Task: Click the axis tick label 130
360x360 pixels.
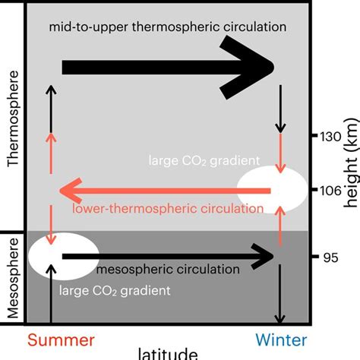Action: pos(333,137)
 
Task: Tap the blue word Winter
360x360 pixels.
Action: pos(280,338)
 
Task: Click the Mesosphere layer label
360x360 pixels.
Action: pos(11,278)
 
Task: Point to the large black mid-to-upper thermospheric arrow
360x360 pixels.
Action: pos(167,68)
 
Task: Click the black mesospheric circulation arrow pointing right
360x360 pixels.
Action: pos(167,257)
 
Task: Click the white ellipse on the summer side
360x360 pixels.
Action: pos(63,257)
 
